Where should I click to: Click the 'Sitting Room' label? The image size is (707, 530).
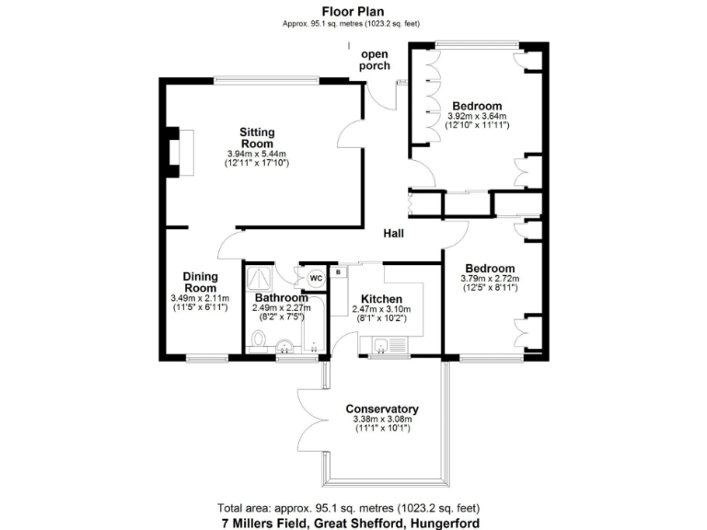pyautogui.click(x=257, y=137)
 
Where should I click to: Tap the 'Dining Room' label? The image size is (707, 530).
pyautogui.click(x=200, y=282)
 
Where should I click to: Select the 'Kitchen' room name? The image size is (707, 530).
pyautogui.click(x=381, y=299)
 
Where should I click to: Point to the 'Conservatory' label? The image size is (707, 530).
pyautogui.click(x=382, y=409)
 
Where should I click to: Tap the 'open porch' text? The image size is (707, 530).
pyautogui.click(x=375, y=60)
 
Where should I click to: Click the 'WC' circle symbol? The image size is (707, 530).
pyautogui.click(x=314, y=277)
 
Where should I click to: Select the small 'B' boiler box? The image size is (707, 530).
pyautogui.click(x=338, y=272)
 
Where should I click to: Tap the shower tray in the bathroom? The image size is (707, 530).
pyautogui.click(x=261, y=275)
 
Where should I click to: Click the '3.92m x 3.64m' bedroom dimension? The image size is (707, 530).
pyautogui.click(x=478, y=117)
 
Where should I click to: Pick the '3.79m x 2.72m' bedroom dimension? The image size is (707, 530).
pyautogui.click(x=490, y=279)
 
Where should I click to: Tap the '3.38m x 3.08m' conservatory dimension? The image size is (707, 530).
pyautogui.click(x=382, y=421)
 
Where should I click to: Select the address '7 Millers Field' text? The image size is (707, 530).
pyautogui.click(x=267, y=522)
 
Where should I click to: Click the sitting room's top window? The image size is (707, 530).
pyautogui.click(x=267, y=78)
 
